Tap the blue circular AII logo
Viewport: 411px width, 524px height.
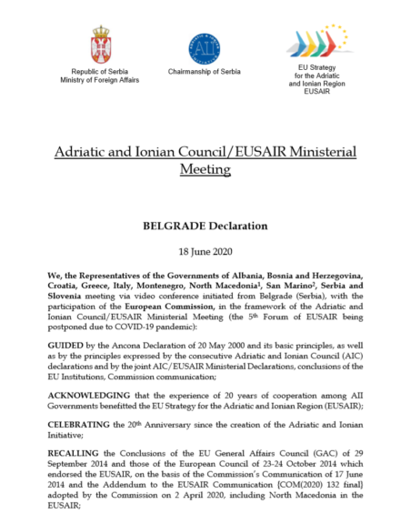coord(204,47)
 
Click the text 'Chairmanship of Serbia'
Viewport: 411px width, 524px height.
coord(205,71)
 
